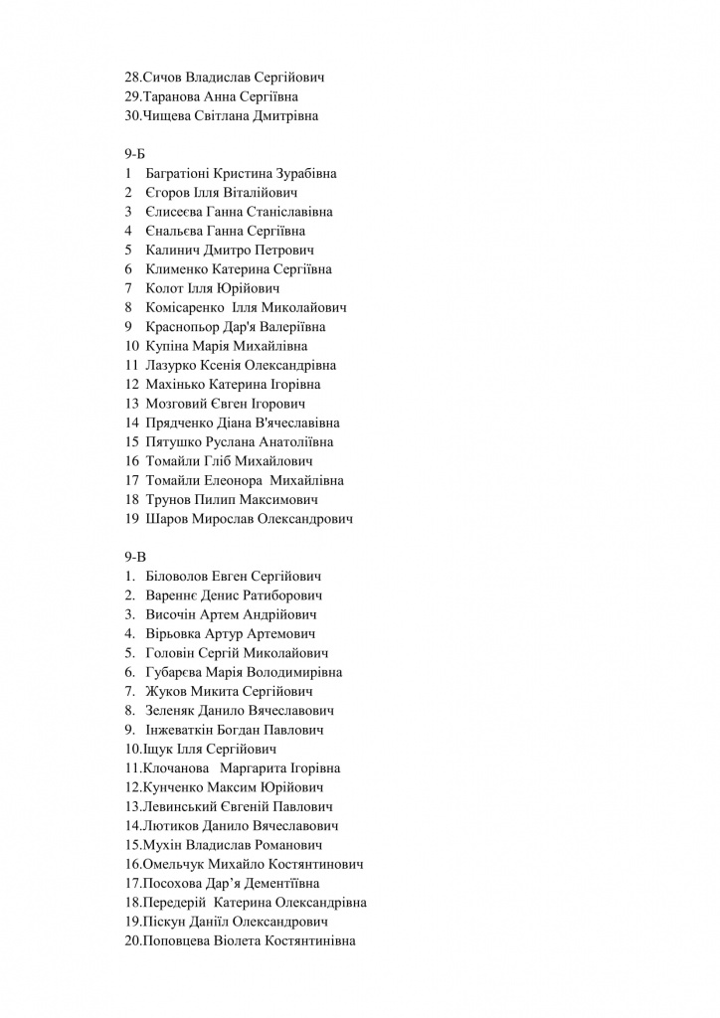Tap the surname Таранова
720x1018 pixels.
pyautogui.click(x=172, y=96)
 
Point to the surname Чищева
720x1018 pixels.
pyautogui.click(x=170, y=115)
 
